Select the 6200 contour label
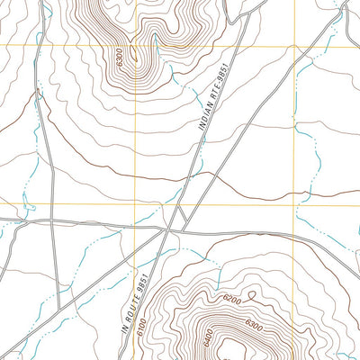click(x=231, y=298)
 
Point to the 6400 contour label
click(x=210, y=338)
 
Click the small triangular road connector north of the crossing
click(x=180, y=216)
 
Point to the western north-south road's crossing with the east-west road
click(x=52, y=219)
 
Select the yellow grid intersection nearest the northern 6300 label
click(x=135, y=44)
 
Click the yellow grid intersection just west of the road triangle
click(x=135, y=204)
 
